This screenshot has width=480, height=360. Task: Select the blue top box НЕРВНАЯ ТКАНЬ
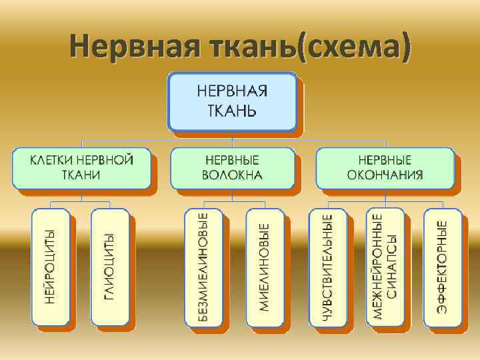[x=232, y=102]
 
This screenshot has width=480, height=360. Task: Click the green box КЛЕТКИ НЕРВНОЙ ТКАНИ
[x=81, y=167]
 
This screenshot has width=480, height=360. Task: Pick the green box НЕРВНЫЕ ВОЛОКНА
[x=232, y=167]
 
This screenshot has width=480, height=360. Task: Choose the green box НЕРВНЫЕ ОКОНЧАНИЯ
[x=385, y=167]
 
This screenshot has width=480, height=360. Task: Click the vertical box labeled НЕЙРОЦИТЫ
[x=51, y=267]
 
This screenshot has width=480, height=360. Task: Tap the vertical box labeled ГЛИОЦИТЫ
[x=109, y=267]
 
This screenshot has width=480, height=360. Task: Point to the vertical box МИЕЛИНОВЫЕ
[x=264, y=267]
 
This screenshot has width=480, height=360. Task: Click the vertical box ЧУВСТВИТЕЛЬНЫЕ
[x=327, y=267]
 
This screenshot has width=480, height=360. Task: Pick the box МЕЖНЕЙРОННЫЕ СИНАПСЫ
[x=385, y=267]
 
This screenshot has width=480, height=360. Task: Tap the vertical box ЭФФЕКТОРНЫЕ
[x=442, y=267]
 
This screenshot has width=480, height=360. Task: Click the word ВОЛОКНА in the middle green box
[x=232, y=175]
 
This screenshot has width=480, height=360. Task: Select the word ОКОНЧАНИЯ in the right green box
[x=385, y=175]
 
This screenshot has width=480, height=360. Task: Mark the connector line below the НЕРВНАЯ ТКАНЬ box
[x=232, y=137]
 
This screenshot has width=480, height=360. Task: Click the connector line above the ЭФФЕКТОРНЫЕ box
[x=442, y=203]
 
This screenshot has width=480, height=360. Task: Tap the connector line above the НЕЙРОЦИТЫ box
[x=51, y=203]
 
